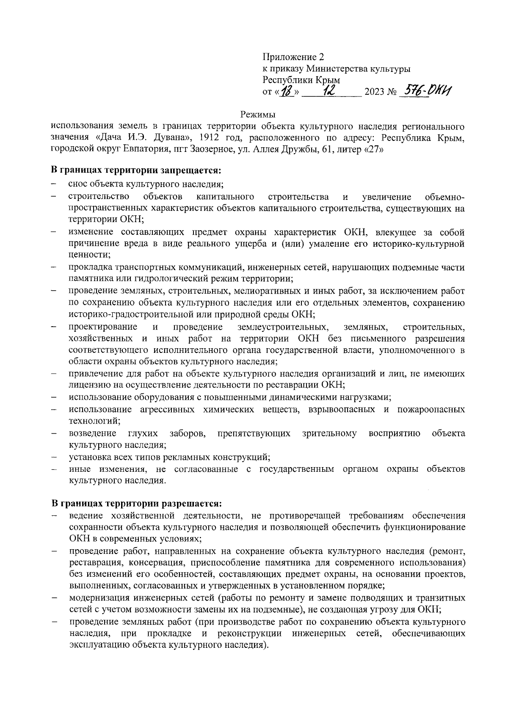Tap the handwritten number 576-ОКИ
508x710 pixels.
coord(428,91)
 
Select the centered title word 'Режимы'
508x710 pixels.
coord(258,114)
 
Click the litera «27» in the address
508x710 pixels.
coord(373,149)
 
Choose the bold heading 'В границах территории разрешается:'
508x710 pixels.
coord(136,504)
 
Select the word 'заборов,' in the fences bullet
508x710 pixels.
coord(188,433)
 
